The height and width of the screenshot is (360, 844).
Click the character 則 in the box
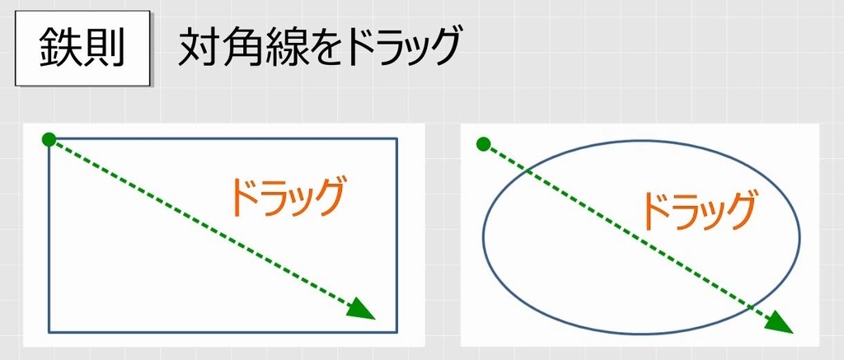pyautogui.click(x=103, y=50)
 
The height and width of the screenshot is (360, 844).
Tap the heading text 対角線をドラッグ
pyautogui.click(x=317, y=49)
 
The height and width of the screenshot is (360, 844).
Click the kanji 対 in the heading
pyautogui.click(x=197, y=49)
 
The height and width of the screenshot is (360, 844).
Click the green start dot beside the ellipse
pyautogui.click(x=484, y=145)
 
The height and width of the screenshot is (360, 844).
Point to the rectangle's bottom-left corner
pyautogui.click(x=49, y=332)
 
